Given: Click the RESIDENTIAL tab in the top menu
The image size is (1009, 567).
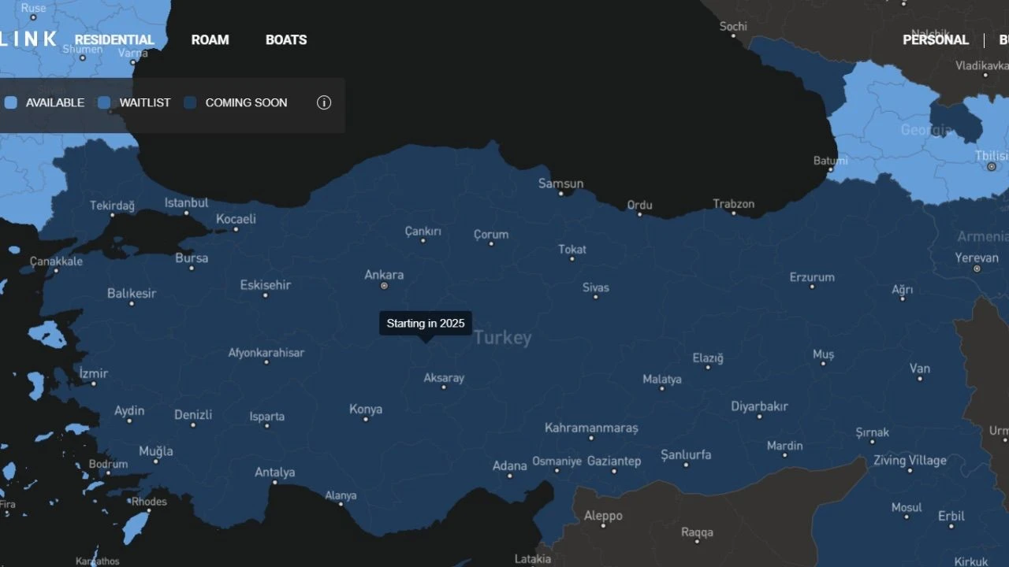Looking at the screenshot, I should [114, 40].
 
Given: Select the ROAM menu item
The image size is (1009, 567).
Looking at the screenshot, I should [210, 40].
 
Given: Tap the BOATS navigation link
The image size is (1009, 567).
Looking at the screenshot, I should [286, 40].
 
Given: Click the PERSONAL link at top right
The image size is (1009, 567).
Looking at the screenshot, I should [936, 40].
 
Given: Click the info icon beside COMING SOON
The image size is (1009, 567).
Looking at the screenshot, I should [324, 102].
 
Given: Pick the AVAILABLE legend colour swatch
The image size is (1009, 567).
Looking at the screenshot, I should [11, 102].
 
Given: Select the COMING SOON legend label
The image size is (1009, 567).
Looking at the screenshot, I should [246, 102].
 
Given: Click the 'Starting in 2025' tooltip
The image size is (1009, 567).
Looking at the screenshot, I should [426, 323].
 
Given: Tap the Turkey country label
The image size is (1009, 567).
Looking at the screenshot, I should [503, 338].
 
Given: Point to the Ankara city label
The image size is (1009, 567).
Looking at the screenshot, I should [384, 275].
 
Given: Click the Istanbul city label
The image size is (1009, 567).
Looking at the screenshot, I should [186, 203].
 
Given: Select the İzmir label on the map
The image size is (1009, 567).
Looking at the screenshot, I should [94, 373].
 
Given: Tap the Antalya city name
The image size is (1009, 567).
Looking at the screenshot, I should [274, 472].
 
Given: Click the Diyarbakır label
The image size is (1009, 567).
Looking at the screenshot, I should [759, 406].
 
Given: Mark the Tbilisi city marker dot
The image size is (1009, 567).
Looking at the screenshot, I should [992, 167].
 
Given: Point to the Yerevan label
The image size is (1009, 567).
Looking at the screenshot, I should [977, 258].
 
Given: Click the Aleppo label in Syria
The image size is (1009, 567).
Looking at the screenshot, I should [603, 516].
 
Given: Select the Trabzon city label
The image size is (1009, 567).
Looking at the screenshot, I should [734, 204].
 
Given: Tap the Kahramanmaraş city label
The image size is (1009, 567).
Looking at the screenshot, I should [591, 428].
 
